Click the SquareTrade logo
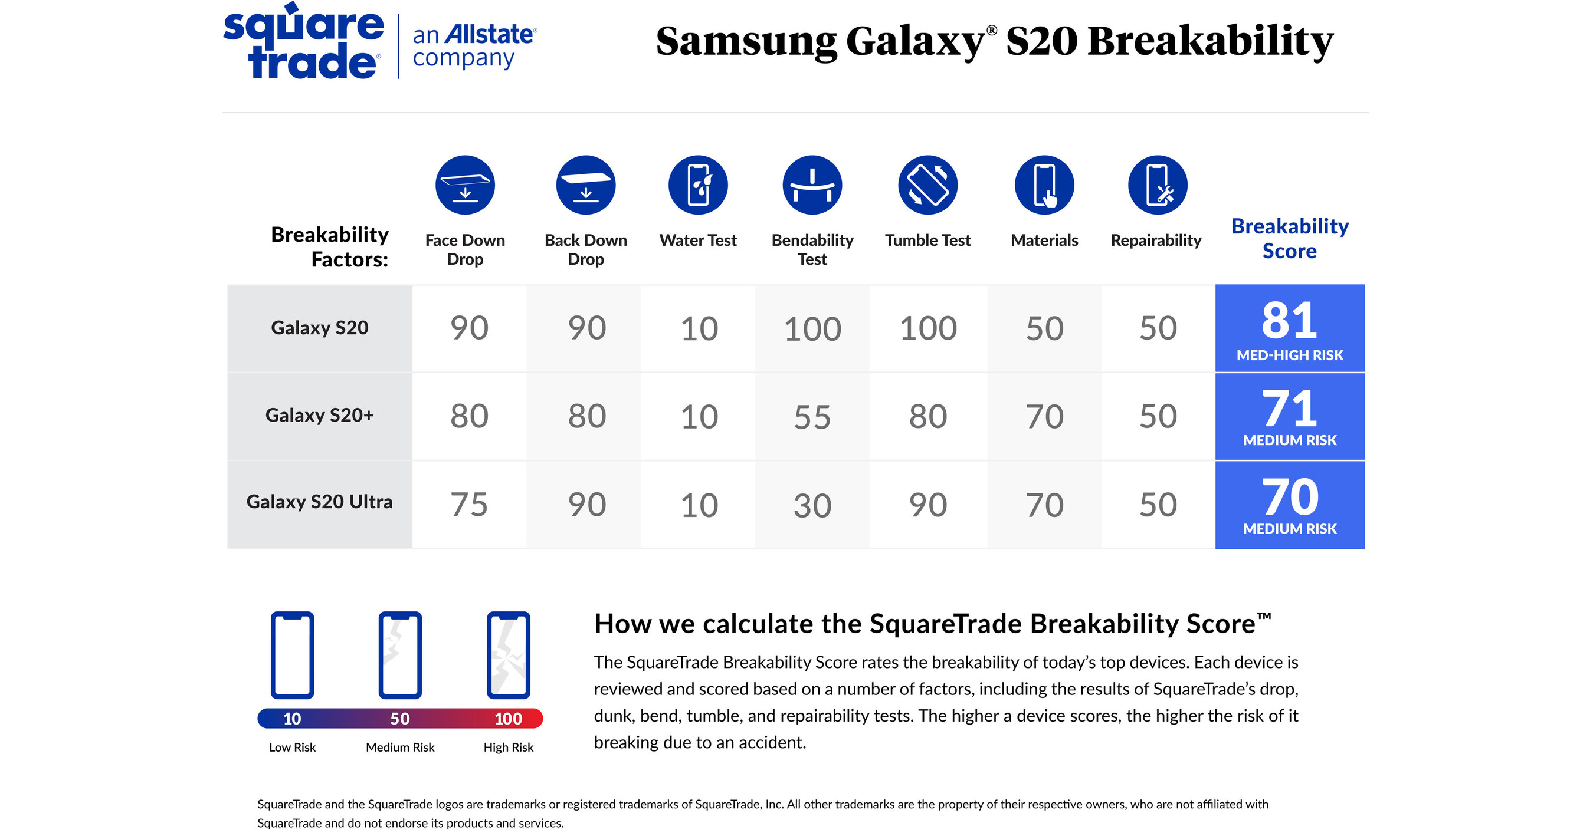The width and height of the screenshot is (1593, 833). (303, 42)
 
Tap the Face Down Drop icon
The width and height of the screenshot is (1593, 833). (465, 185)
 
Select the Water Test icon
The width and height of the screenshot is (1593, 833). (698, 185)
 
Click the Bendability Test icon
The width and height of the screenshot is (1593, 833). (812, 185)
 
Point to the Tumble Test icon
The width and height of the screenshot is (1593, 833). (927, 185)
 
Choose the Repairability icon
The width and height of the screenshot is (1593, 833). (1158, 185)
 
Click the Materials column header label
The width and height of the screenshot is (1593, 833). (1044, 241)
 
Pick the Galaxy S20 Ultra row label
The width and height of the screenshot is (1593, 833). (319, 502)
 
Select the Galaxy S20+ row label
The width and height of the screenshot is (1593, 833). (319, 415)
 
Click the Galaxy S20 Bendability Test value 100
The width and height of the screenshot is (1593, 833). (812, 329)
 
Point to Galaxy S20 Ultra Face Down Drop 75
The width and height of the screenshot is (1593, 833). (468, 505)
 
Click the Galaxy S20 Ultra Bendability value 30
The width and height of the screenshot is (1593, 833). (812, 506)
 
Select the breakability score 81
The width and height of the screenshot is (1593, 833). (1289, 320)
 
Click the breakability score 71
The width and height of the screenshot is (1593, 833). (1289, 409)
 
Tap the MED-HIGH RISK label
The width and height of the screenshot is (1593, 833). (1289, 355)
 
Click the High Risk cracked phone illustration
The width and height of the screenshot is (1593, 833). (509, 655)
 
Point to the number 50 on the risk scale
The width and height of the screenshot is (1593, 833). (400, 719)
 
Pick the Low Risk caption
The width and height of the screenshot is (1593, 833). (292, 748)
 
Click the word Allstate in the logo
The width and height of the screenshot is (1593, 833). (489, 35)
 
